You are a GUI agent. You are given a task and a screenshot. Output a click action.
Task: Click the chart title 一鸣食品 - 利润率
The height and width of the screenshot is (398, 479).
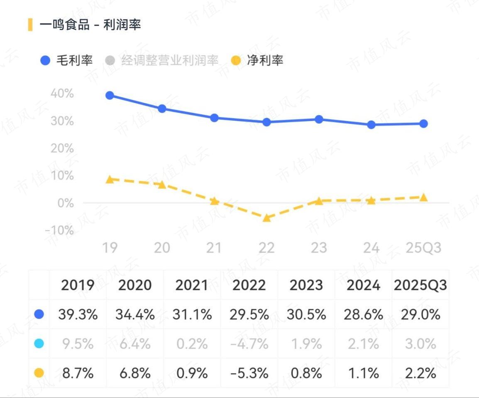90,25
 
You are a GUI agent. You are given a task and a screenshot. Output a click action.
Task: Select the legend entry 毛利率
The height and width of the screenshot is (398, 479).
66,60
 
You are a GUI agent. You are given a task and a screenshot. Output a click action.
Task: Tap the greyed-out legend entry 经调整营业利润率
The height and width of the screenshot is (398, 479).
162,60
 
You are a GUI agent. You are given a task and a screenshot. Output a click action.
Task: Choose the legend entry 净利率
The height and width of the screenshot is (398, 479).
257,60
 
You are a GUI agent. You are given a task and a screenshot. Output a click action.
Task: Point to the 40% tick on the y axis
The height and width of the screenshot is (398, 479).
62,94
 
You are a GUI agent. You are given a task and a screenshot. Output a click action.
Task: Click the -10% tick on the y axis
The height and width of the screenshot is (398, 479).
60,230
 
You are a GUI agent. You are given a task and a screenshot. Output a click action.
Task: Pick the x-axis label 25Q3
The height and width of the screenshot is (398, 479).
423,248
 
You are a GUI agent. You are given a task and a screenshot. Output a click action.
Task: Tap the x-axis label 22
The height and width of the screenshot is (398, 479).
266,248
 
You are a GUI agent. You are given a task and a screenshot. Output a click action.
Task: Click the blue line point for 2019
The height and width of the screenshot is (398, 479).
110,96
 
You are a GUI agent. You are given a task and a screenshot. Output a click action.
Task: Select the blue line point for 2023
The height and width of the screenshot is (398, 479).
319,119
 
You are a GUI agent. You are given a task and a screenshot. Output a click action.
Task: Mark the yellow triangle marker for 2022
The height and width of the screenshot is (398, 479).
267,218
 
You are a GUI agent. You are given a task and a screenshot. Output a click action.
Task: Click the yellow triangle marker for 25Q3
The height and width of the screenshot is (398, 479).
423,198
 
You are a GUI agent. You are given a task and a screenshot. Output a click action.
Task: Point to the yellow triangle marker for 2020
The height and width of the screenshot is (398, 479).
162,184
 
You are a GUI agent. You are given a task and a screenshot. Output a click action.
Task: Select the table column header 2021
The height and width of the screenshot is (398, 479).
192,285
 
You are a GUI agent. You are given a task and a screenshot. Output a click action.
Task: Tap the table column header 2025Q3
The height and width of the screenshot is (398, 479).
420,285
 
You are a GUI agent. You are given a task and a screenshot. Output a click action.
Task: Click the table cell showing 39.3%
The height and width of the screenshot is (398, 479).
78,314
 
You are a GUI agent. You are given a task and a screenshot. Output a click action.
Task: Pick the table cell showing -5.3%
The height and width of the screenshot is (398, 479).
249,373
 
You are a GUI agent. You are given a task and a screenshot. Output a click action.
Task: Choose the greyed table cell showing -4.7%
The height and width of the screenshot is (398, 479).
249,344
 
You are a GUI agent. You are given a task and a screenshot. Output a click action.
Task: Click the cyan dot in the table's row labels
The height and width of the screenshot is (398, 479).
39,344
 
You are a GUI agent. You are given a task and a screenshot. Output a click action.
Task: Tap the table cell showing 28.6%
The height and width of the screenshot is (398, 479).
363,314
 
